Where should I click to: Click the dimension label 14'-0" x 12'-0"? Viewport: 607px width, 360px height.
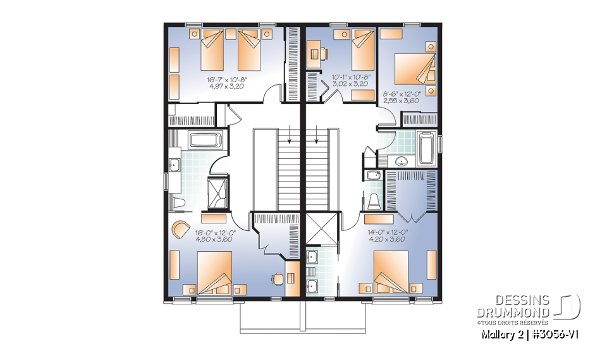click(x=388, y=232)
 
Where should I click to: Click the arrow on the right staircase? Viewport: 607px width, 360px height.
click(x=314, y=135)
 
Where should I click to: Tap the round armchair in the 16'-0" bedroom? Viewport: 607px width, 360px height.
click(x=181, y=228)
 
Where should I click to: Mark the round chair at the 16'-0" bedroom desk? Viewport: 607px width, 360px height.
click(x=276, y=278)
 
